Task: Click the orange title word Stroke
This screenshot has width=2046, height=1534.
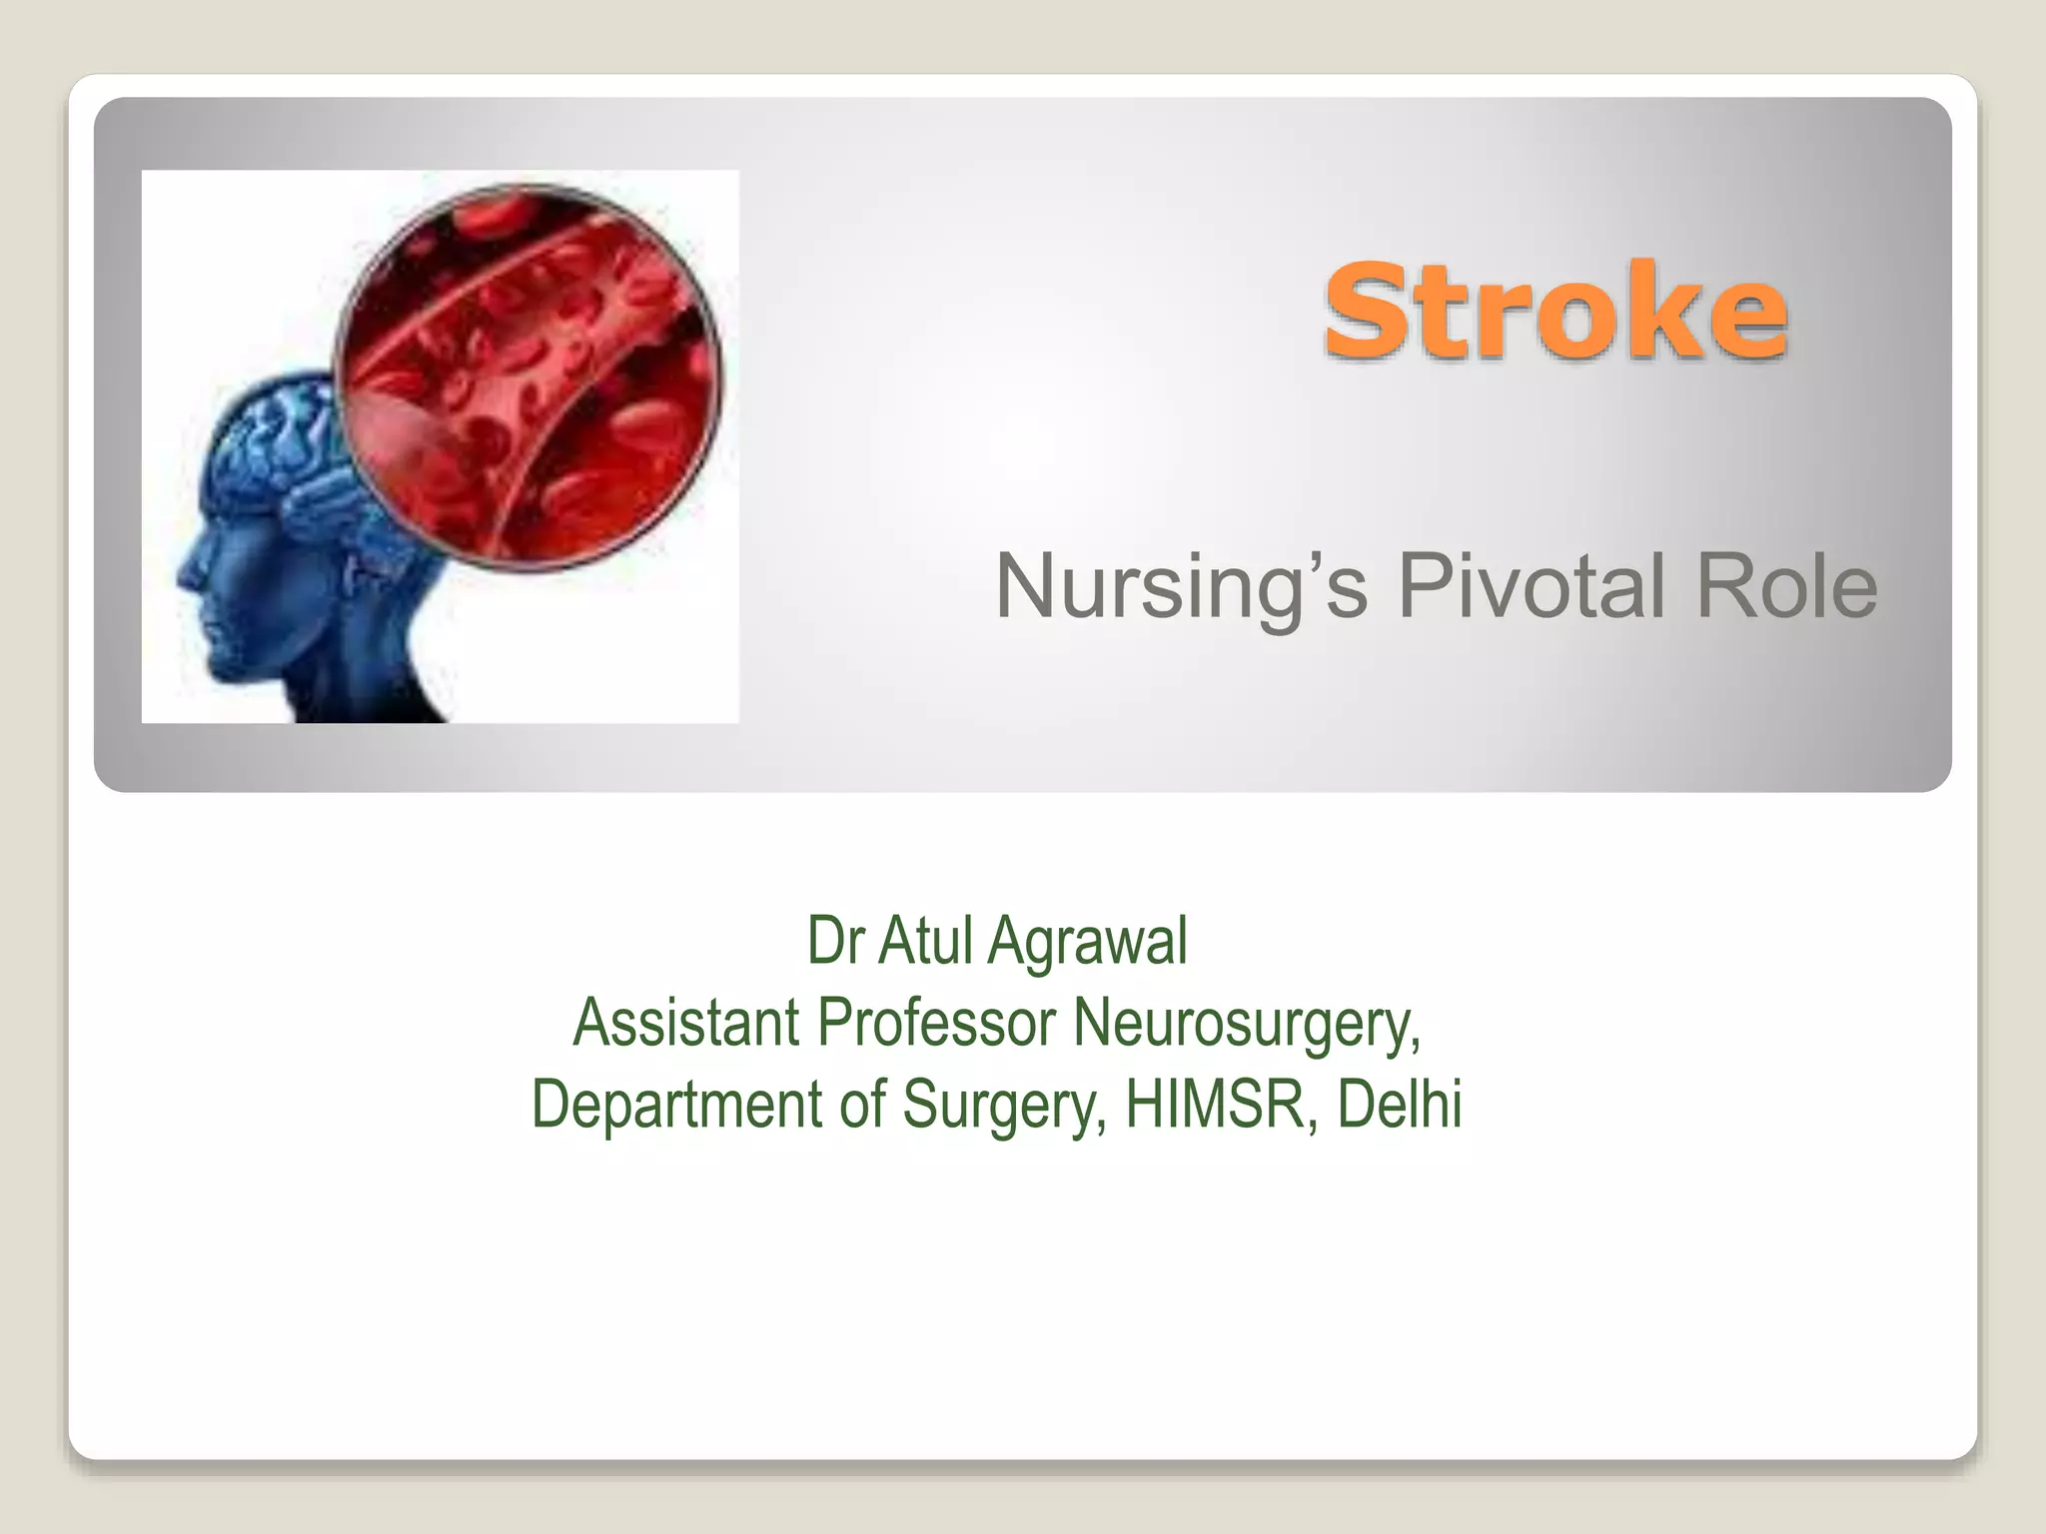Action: coord(1554,311)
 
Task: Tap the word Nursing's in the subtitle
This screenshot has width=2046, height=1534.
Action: coord(1180,587)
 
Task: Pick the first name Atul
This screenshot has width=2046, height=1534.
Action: coord(925,941)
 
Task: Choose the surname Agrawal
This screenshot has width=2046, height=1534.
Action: coord(1088,943)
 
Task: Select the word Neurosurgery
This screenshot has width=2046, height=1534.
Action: coord(1246,1025)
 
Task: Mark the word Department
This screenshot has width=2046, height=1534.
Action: coord(678,1105)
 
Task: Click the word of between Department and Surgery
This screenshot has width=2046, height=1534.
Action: coord(862,1104)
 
